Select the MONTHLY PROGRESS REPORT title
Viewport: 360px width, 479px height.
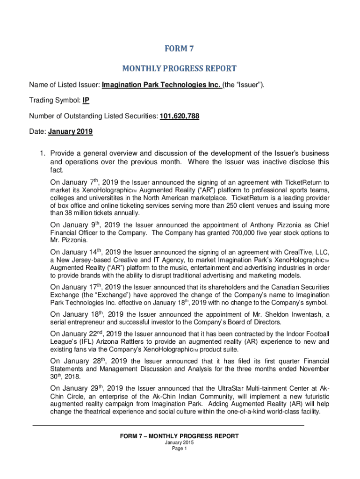tap(180, 69)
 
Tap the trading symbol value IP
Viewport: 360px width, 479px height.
tap(86, 101)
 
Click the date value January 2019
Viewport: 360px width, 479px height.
tap(70, 132)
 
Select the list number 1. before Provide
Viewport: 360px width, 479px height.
tap(43, 154)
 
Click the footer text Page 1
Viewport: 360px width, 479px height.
tap(180, 449)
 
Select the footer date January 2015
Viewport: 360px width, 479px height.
tap(180, 443)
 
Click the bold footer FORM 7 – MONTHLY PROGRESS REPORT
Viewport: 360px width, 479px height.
tap(180, 436)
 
